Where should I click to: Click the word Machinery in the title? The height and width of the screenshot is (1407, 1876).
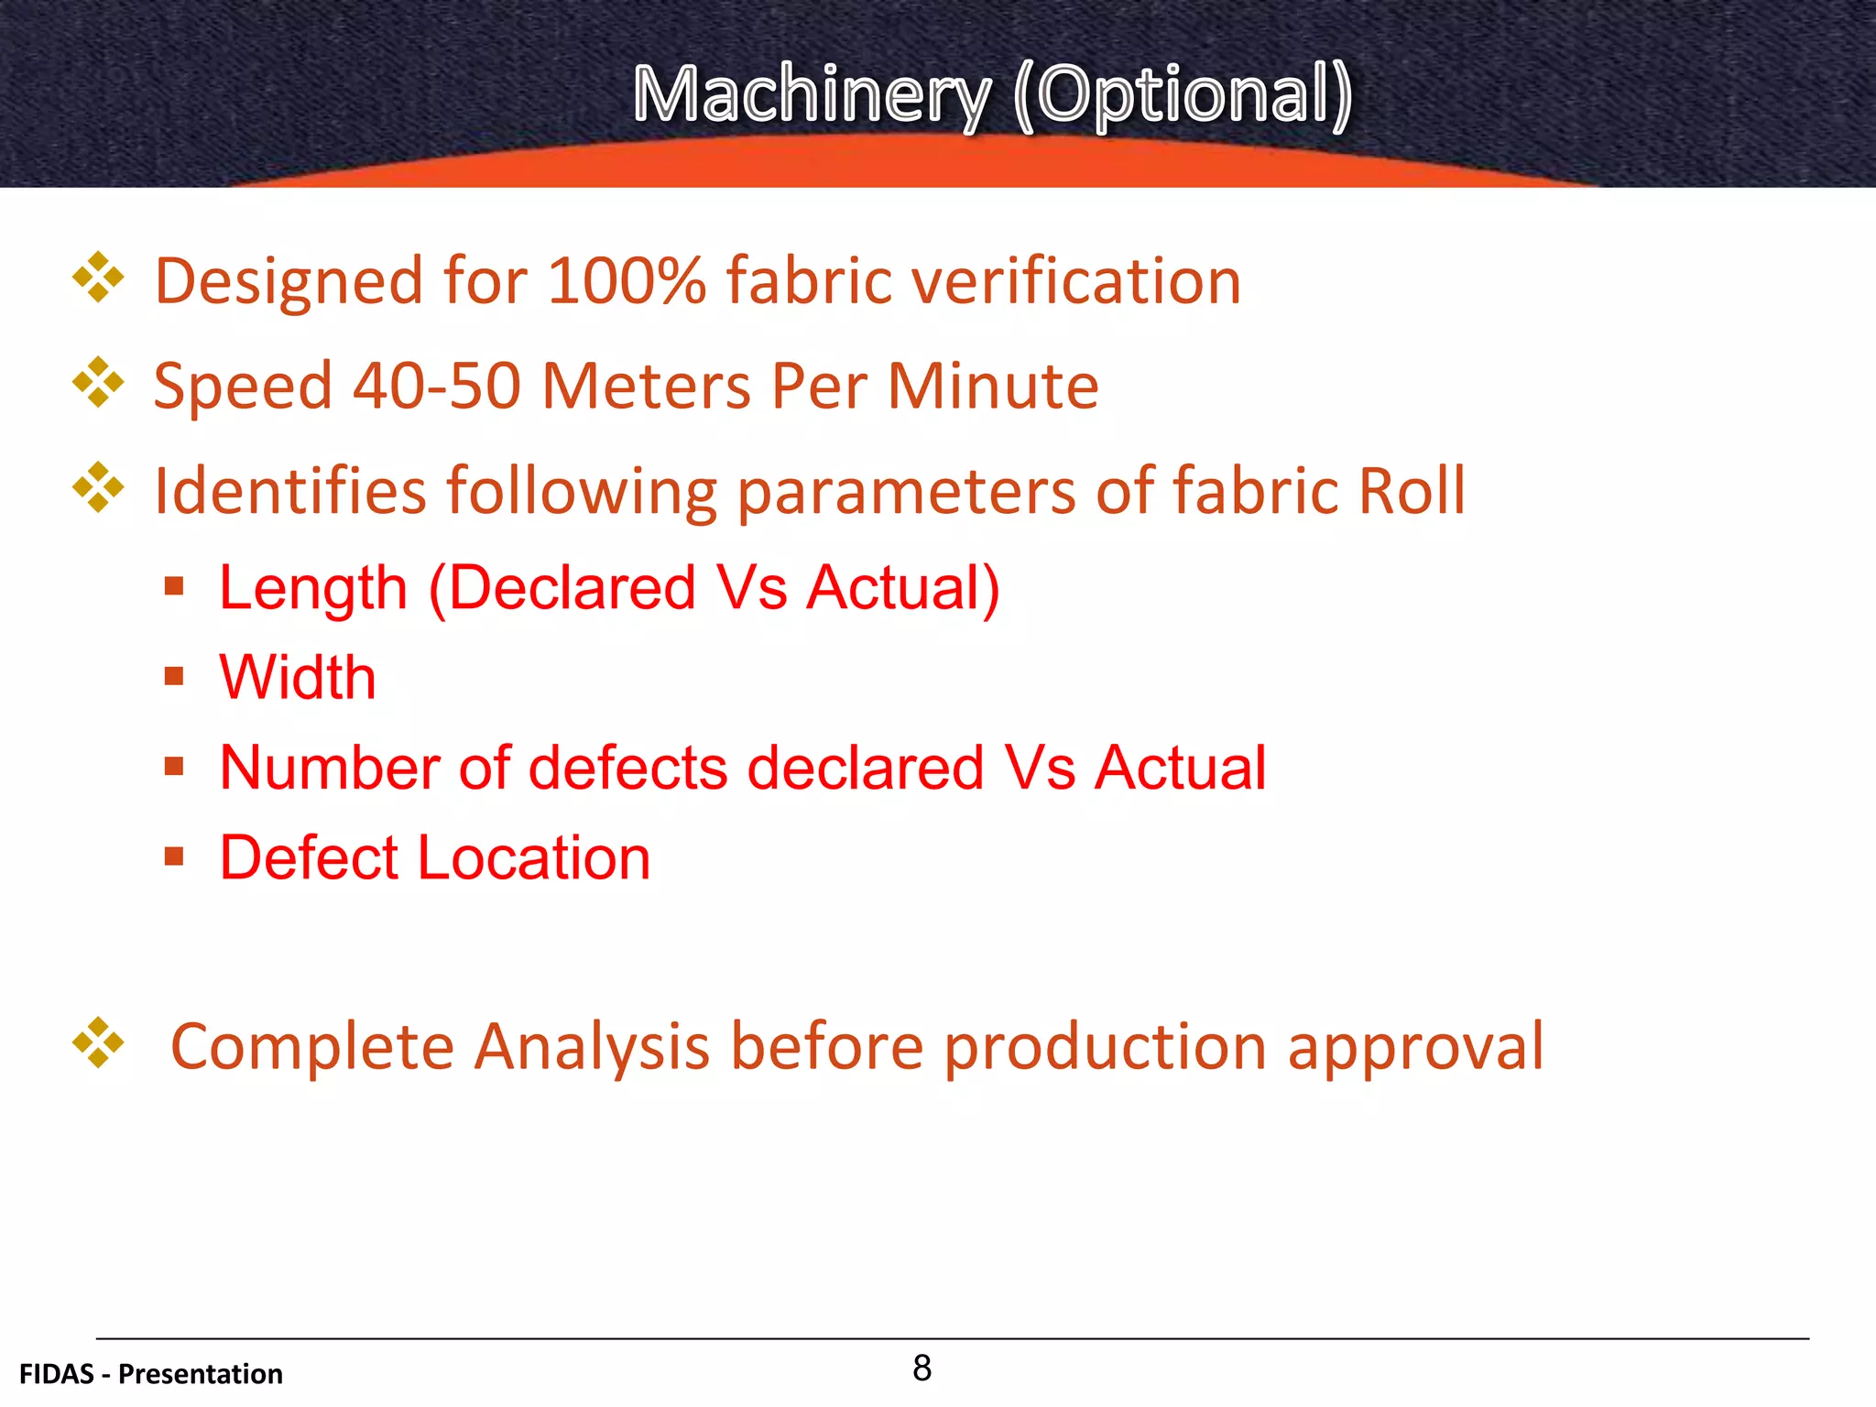[x=812, y=95]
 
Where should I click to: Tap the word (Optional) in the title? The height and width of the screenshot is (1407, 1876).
[x=1183, y=95]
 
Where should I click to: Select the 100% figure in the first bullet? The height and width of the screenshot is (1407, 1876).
[x=627, y=280]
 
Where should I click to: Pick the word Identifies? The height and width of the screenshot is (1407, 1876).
[x=290, y=491]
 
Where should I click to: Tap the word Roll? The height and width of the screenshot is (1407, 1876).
[x=1412, y=491]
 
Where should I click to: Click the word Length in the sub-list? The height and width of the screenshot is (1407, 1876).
[x=313, y=587]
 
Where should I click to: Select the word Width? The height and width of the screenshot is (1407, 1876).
[x=298, y=678]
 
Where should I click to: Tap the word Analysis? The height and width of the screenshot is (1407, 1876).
[x=592, y=1046]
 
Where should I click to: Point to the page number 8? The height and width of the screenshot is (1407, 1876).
[x=922, y=1368]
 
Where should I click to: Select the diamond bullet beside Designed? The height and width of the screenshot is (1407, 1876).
[x=98, y=278]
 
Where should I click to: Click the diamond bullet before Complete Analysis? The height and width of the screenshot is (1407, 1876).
[x=98, y=1043]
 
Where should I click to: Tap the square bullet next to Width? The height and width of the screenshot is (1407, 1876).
[x=174, y=677]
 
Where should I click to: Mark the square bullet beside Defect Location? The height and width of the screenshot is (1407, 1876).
[x=174, y=856]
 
